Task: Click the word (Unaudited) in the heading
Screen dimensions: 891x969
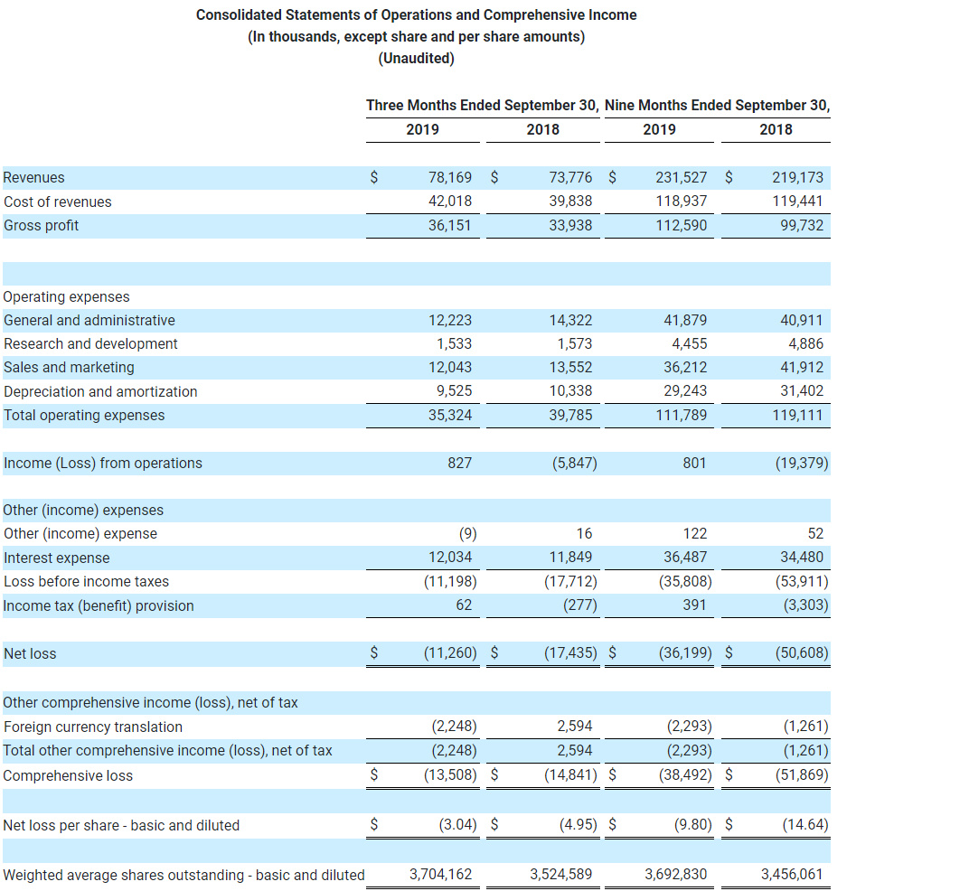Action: [x=416, y=59]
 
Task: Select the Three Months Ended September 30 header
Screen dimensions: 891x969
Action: [x=482, y=106]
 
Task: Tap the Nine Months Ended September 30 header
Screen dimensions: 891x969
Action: [x=717, y=106]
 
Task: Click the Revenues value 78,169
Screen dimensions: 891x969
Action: [x=450, y=178]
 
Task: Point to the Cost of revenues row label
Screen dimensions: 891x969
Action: [x=58, y=202]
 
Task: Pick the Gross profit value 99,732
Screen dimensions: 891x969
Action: [x=802, y=225]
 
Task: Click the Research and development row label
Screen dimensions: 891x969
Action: [x=90, y=343]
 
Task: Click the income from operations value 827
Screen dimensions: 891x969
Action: [x=459, y=463]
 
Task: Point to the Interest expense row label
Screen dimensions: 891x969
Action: [x=57, y=558]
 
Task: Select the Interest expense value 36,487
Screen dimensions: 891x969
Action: [x=686, y=558]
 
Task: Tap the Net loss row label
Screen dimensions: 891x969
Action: [x=30, y=653]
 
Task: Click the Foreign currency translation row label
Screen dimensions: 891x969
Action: [x=93, y=727]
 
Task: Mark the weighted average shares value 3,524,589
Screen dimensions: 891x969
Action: [x=561, y=874]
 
